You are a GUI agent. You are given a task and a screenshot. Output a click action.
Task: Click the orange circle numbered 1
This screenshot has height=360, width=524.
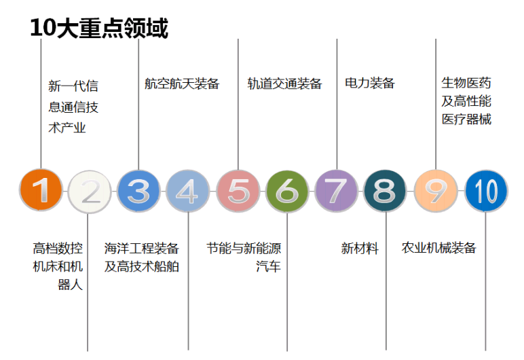[x=41, y=190]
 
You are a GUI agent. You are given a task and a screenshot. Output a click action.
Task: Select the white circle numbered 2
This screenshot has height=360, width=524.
[x=90, y=192]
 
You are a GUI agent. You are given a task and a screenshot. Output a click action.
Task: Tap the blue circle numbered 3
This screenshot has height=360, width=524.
[x=138, y=191]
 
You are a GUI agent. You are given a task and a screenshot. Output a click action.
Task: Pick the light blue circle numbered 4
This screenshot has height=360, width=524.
[x=188, y=191]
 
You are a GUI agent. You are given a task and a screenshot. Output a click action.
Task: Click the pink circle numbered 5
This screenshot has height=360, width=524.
[x=238, y=191]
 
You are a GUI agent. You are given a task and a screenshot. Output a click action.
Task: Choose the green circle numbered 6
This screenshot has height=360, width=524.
[x=287, y=191]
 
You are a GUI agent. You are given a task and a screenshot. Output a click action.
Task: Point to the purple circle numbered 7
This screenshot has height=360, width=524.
[x=336, y=191]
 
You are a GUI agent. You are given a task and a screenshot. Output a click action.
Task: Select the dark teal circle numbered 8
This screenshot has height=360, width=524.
[x=385, y=191]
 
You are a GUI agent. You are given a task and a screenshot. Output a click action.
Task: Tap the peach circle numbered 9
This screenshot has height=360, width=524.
[x=436, y=191]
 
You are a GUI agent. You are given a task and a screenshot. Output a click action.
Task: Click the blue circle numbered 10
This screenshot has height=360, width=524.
[x=486, y=191]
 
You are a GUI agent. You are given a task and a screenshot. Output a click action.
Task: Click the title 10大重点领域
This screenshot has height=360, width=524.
[x=99, y=28]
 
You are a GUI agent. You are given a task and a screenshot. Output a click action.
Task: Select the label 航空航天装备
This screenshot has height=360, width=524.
[x=182, y=84]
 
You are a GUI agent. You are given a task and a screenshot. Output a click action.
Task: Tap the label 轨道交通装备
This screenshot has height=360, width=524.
[x=284, y=84]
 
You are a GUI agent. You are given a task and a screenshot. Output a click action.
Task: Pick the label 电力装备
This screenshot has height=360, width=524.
[x=370, y=83]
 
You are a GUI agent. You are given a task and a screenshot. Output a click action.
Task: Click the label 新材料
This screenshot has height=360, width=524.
[x=360, y=248]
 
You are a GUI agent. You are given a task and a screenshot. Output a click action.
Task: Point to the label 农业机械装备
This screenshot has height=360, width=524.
[x=438, y=247]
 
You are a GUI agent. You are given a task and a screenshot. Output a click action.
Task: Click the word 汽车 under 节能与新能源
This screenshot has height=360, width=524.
[x=268, y=267]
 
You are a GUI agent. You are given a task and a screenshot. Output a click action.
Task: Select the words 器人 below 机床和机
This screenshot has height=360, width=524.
[x=70, y=285]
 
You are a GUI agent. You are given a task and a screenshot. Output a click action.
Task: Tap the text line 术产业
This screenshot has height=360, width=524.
[x=67, y=128]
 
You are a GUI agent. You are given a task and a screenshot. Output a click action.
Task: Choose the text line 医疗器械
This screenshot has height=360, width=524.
[x=466, y=120]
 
